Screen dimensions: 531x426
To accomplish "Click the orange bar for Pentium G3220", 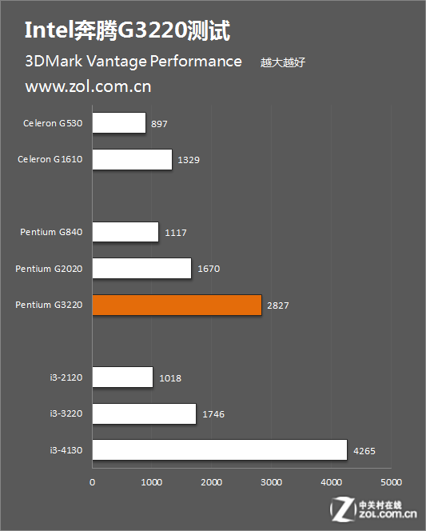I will pos(177,305).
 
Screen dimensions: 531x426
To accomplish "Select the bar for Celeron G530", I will pos(119,123).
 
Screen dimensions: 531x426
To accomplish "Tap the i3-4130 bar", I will pos(220,450).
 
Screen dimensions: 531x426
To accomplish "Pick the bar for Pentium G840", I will pos(125,232).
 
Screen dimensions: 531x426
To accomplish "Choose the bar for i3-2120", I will pos(122,377).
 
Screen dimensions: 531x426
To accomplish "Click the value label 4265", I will pos(364,451).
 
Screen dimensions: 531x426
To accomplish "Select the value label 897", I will pos(159,124).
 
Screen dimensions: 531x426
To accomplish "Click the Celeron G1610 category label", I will pos(50,159).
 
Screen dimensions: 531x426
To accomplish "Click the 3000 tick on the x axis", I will pos(271,482).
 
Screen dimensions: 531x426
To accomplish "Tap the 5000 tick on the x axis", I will pos(390,482).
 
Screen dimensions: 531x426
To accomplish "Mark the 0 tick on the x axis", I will pos(93,482).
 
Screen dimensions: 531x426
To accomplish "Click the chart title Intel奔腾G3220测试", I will pos(127,32).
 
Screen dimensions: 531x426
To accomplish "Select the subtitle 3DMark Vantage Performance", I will pos(133,62).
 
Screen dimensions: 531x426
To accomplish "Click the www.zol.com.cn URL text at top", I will pos(88,86).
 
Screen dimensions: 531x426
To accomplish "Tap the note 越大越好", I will pos(283,63).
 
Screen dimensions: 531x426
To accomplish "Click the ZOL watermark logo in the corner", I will pos(376,509).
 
